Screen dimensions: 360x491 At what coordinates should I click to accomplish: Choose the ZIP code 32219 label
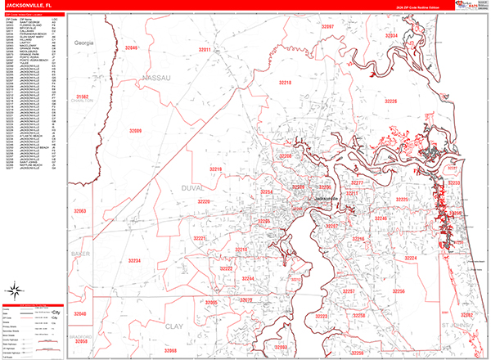coord(215,169)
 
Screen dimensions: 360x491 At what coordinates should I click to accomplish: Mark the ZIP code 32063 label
coord(80,211)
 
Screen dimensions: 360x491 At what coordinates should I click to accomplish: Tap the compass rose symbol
coord(18,290)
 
